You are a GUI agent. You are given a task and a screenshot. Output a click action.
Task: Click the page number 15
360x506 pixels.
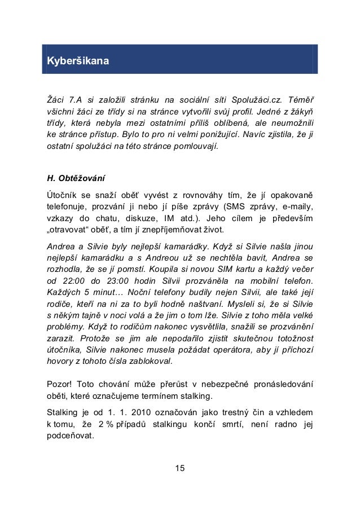[180, 468]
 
